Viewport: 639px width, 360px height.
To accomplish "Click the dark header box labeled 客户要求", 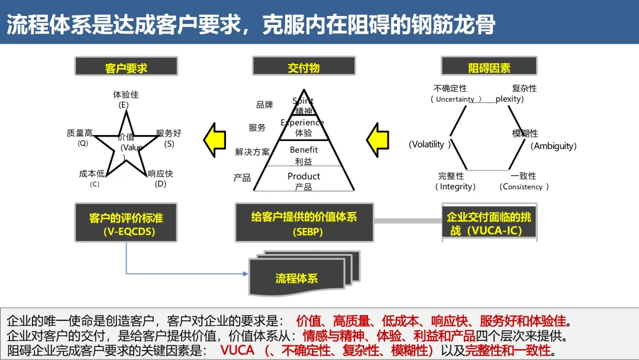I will (126, 66).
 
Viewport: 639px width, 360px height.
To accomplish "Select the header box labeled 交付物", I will (304, 66).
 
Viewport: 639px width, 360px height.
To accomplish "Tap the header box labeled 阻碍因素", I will (489, 66).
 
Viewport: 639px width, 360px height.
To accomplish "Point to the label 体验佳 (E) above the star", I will (125, 99).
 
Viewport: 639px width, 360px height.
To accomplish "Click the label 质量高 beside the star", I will (80, 134).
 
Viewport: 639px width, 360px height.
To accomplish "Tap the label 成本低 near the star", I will (92, 174).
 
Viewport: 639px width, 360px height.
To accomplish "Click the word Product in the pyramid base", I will (304, 176).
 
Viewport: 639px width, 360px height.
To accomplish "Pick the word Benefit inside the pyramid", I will (304, 150).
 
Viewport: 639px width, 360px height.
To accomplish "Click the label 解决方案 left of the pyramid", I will (252, 152).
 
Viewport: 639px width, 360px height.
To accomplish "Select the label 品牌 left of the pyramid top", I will (264, 105).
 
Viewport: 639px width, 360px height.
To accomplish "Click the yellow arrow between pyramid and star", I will (215, 140).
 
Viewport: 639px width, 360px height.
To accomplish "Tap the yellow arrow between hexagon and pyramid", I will (377, 140).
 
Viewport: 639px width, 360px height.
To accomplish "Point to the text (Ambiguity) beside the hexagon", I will (553, 146).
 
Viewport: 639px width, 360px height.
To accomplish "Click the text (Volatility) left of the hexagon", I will (430, 144).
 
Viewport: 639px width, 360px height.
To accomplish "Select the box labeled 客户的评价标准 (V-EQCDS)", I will (126, 223).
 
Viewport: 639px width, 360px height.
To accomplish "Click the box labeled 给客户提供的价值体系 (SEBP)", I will (304, 223).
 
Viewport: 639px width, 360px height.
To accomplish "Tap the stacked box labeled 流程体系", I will (297, 278).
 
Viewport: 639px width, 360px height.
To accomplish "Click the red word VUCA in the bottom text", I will (237, 350).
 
